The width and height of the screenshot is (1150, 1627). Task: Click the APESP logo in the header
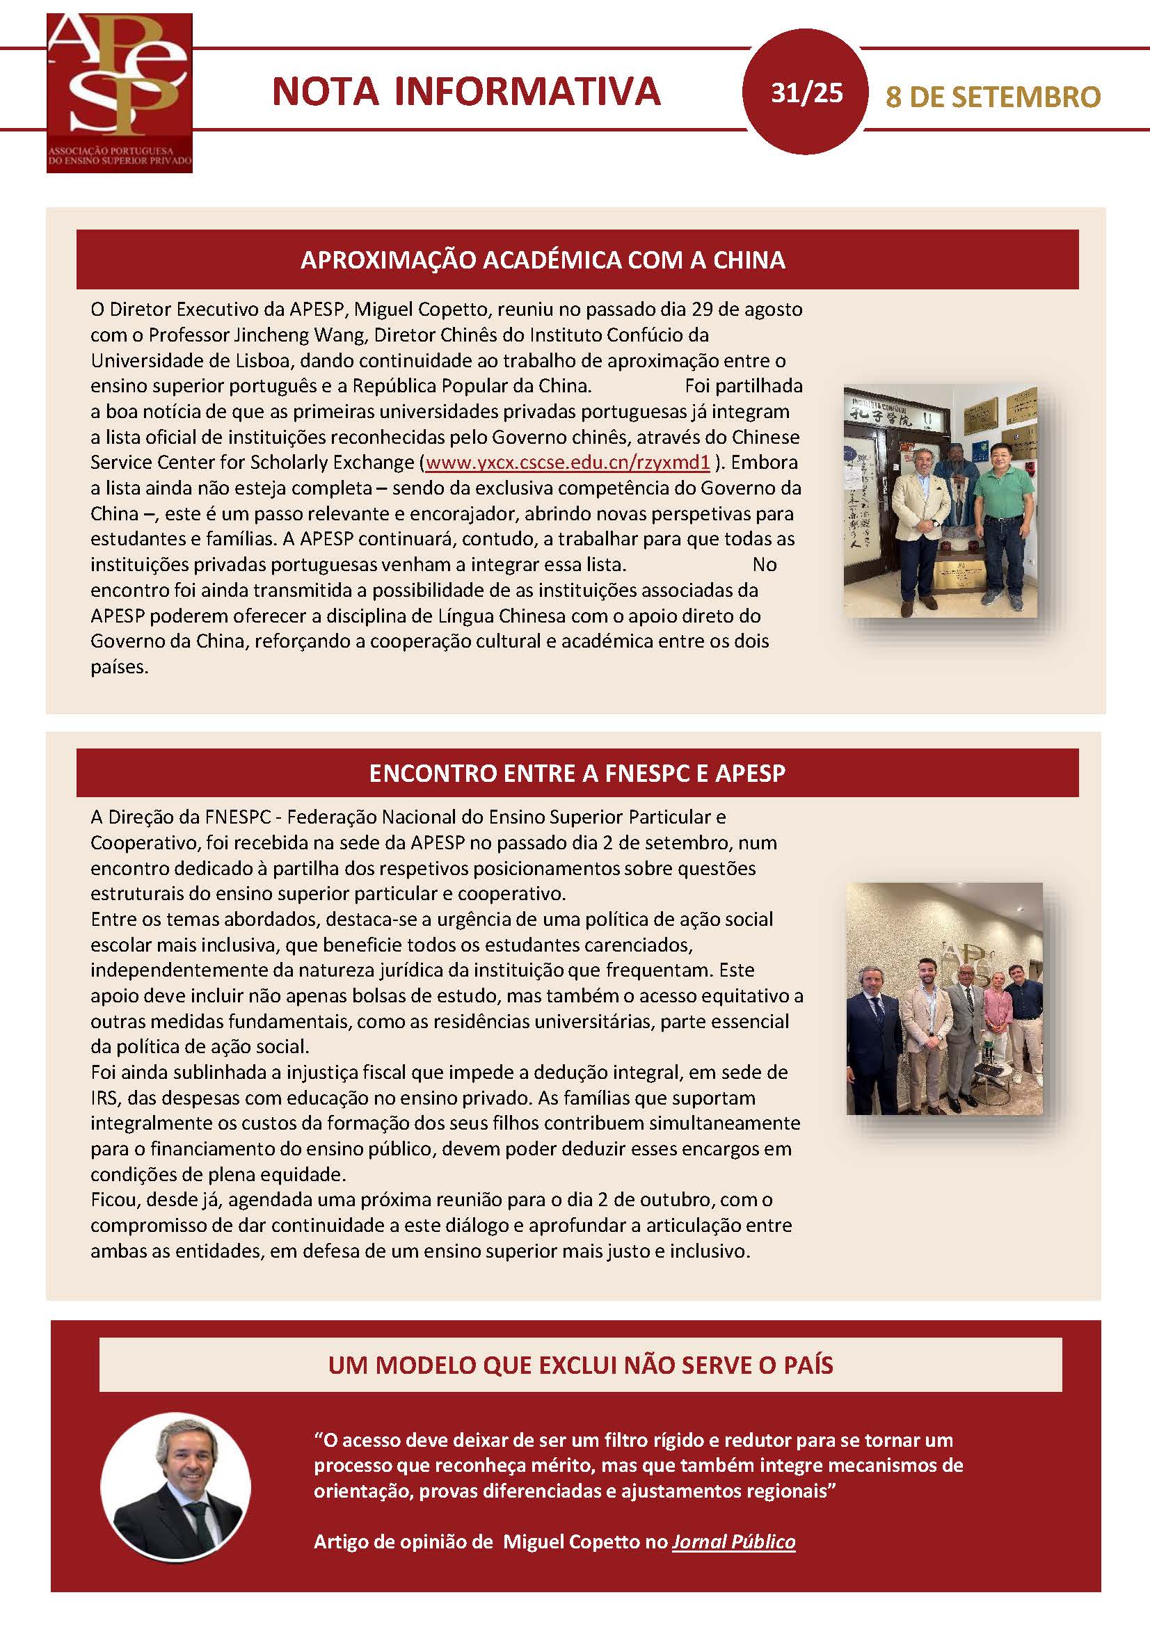119,92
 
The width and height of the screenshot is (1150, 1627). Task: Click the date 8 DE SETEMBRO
993,97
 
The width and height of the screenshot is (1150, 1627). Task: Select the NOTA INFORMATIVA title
466,92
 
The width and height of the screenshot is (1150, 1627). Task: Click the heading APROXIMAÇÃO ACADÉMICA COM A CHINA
543,260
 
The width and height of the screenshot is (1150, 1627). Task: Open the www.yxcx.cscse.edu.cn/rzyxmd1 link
568,463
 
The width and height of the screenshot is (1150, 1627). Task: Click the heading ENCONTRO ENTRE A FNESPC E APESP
577,773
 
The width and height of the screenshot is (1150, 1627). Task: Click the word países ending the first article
119,667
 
